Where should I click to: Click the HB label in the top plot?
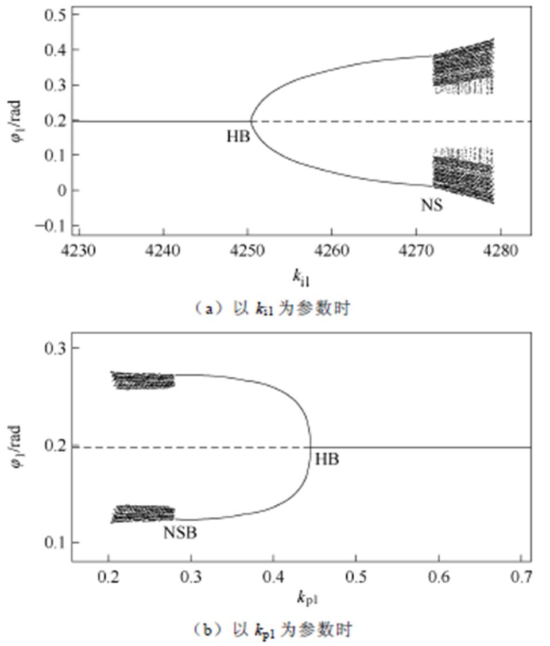[x=238, y=137]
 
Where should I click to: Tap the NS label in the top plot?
[x=432, y=205]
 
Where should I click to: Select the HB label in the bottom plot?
[x=327, y=459]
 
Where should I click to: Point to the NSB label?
[x=180, y=533]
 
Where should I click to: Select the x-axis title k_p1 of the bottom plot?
[x=307, y=599]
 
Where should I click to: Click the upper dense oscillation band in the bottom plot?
[x=143, y=380]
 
